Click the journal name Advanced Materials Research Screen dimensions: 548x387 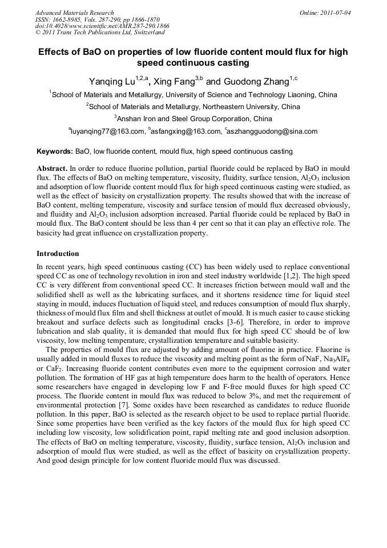tap(74, 13)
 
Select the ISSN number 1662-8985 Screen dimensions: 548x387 tap(72, 19)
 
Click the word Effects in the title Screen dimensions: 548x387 tap(55, 52)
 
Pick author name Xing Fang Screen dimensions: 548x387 tap(174, 82)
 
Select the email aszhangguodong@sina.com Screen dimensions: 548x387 tap(273, 131)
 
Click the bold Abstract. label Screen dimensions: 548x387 tap(53, 170)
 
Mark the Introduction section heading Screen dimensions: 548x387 tap(58, 253)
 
